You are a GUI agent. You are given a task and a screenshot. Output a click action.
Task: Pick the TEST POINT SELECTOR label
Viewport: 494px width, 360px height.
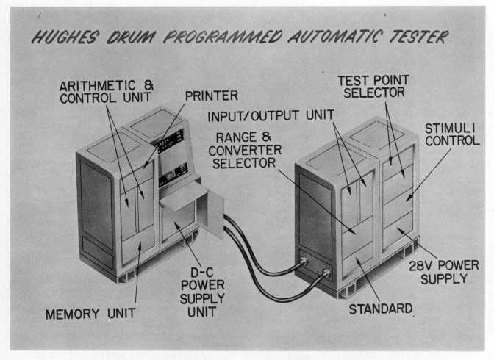[371, 86]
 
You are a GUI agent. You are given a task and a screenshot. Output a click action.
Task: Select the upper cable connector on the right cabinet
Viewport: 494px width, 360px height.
[304, 261]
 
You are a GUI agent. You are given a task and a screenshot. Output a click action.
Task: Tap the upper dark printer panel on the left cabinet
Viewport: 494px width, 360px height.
[171, 140]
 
